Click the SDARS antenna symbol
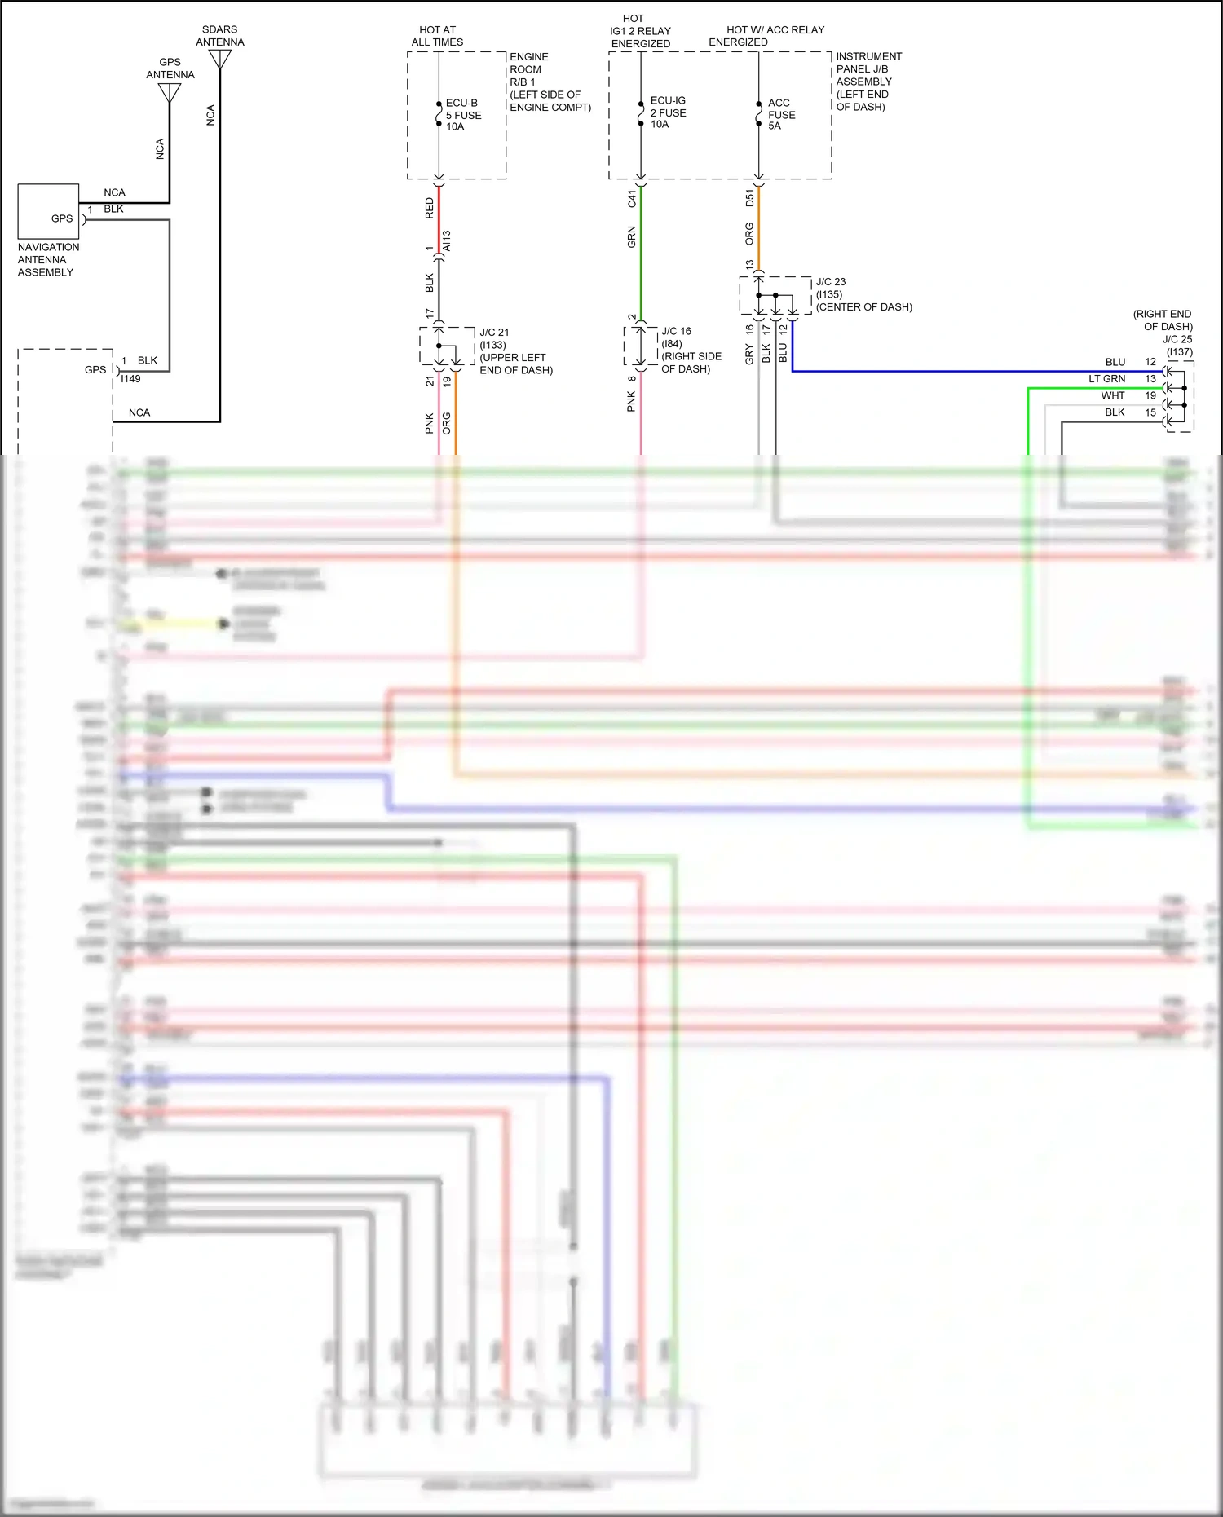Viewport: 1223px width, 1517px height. click(220, 59)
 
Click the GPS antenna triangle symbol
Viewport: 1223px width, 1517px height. click(170, 92)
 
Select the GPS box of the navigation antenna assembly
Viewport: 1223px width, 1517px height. click(48, 211)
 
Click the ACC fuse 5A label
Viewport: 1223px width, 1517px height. click(780, 114)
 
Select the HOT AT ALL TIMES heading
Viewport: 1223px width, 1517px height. click(437, 36)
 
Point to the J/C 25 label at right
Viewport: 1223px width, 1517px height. click(1177, 339)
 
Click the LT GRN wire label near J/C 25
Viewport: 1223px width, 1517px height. click(1106, 379)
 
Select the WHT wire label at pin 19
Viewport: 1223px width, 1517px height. click(1112, 395)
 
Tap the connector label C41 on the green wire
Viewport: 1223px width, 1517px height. click(632, 198)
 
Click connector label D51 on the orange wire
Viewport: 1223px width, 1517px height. click(750, 198)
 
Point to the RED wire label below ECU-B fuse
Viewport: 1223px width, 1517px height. click(430, 209)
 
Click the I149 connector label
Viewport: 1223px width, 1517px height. click(130, 379)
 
